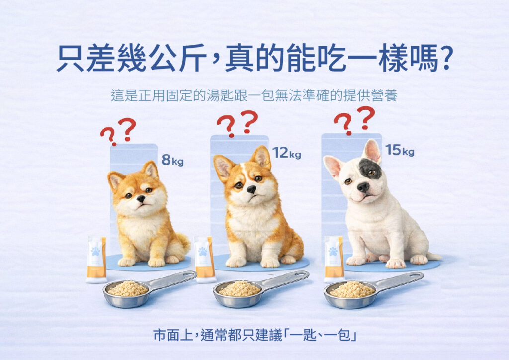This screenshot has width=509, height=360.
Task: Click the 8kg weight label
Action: pyautogui.click(x=172, y=160)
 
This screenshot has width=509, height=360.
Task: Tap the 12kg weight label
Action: pyautogui.click(x=287, y=153)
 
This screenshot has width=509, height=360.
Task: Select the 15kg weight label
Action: pyautogui.click(x=400, y=150)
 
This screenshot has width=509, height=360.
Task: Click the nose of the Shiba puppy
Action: pyautogui.click(x=141, y=198)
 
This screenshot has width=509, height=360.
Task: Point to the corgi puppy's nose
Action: pyautogui.click(x=251, y=189)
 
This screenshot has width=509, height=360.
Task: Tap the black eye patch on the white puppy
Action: pyautogui.click(x=369, y=169)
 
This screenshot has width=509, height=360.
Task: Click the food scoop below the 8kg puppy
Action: pyautogui.click(x=150, y=289)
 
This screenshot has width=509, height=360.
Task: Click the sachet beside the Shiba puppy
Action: pyautogui.click(x=96, y=260)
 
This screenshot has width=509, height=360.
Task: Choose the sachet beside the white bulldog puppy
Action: pyautogui.click(x=335, y=259)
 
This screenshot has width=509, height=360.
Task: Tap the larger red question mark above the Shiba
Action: pyautogui.click(x=127, y=129)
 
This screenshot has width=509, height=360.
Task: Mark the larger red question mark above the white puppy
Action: pyautogui.click(x=366, y=117)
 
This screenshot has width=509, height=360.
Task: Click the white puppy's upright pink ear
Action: pyautogui.click(x=371, y=151)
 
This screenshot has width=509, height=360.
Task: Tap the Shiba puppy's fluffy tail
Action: pyautogui.click(x=183, y=244)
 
